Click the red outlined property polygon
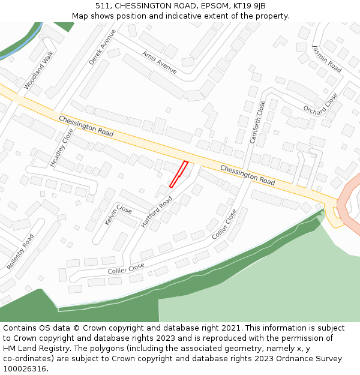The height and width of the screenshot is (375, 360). pos(179,174)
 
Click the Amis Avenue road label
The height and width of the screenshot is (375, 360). pos(160,62)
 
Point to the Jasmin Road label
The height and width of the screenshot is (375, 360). pos(327,59)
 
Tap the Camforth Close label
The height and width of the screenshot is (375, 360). pos(257,122)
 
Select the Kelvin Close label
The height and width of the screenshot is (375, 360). pos(118,214)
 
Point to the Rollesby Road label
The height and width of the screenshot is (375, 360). pos(20,251)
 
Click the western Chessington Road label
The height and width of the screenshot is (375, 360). pos(86,125)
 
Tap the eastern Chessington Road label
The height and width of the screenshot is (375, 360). pos(247,174)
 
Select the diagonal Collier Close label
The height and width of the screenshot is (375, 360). pos(224,224)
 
